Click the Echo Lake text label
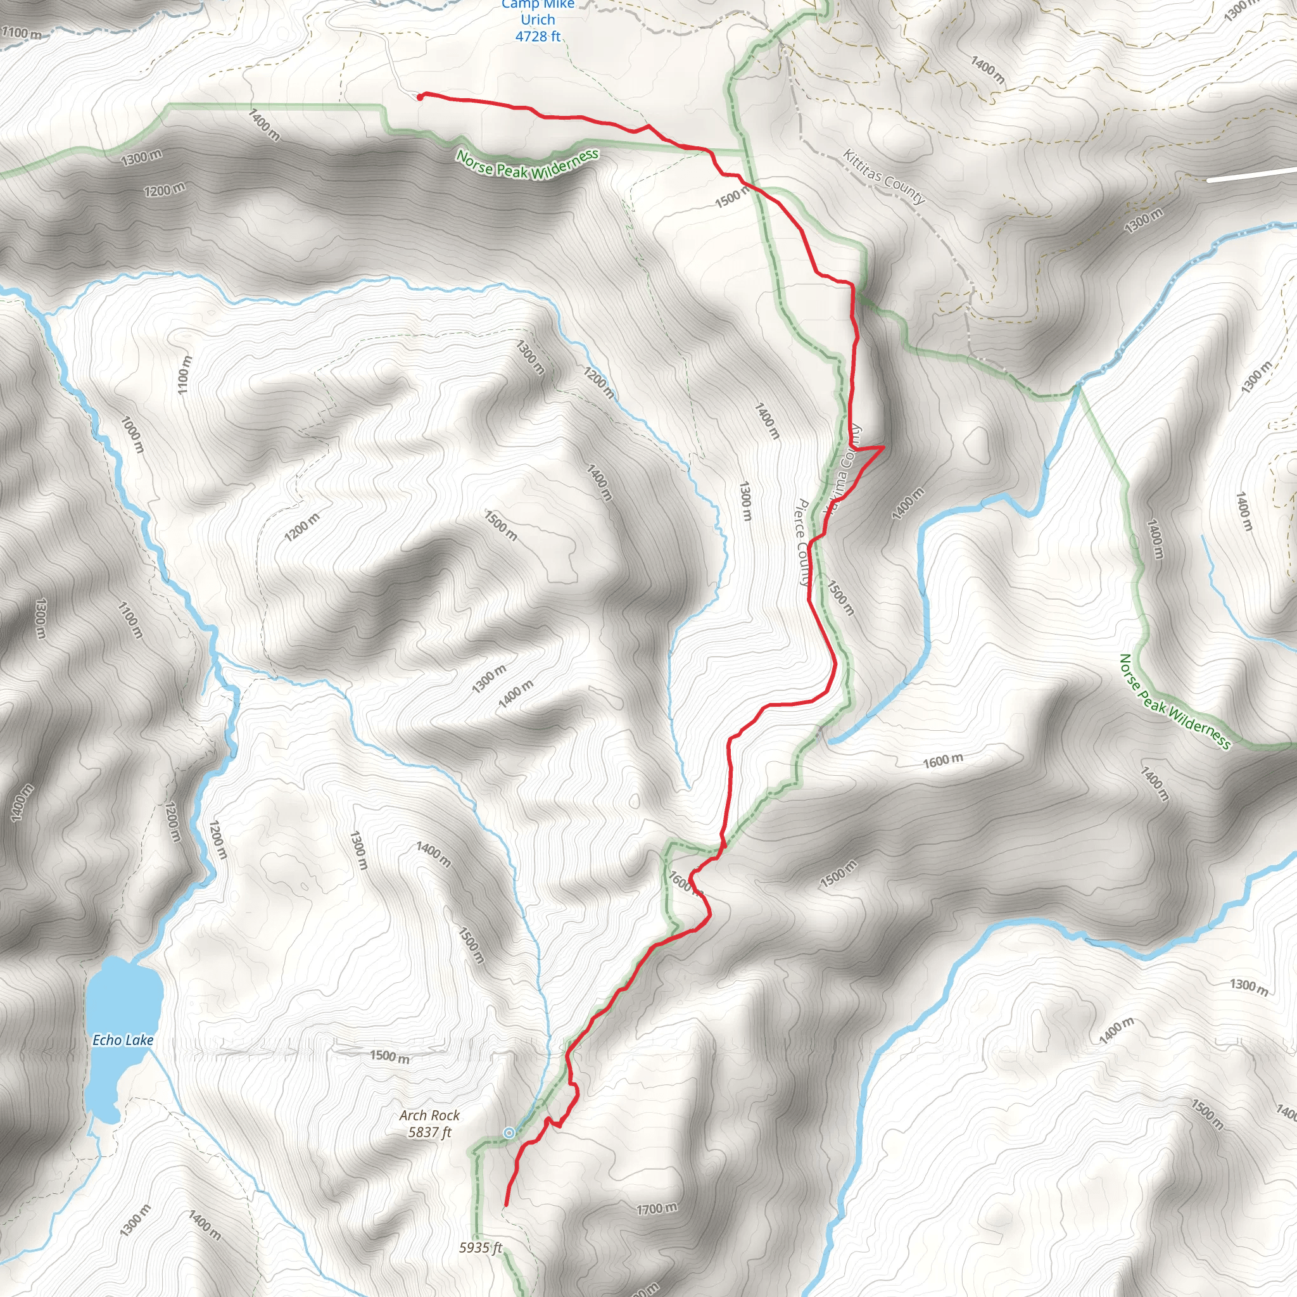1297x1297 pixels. pyautogui.click(x=123, y=1040)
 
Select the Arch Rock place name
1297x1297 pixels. pyautogui.click(x=429, y=1115)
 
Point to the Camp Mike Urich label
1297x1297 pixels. pyautogui.click(x=538, y=12)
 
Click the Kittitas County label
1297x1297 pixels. pyautogui.click(x=884, y=177)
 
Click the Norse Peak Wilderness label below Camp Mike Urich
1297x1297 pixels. pyautogui.click(x=527, y=165)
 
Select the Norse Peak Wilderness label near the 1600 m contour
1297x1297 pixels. pyautogui.click(x=1175, y=702)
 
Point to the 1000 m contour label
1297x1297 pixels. pyautogui.click(x=132, y=434)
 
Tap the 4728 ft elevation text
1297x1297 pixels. pyautogui.click(x=538, y=36)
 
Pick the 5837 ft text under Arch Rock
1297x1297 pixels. pyautogui.click(x=429, y=1132)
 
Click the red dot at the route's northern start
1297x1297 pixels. pyautogui.click(x=421, y=98)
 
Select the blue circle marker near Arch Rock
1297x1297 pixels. pyautogui.click(x=509, y=1133)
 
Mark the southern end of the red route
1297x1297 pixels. pyautogui.click(x=505, y=1205)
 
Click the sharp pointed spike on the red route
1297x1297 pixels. pyautogui.click(x=882, y=446)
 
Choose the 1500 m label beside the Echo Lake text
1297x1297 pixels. pyautogui.click(x=389, y=1057)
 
